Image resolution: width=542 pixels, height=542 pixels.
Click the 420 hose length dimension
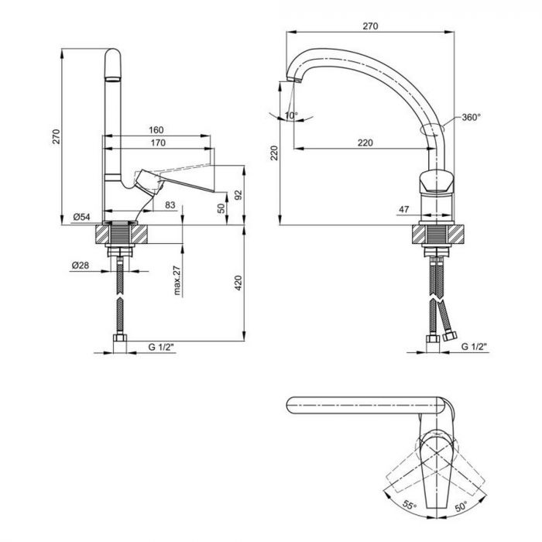(238, 284)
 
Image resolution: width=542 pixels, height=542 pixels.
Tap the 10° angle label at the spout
(290, 115)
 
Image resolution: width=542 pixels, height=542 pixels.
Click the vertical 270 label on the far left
(55, 137)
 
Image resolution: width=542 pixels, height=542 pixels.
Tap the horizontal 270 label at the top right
(369, 26)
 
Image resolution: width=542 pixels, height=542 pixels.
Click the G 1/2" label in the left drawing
(162, 348)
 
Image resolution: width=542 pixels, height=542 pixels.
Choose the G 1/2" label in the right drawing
(474, 348)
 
